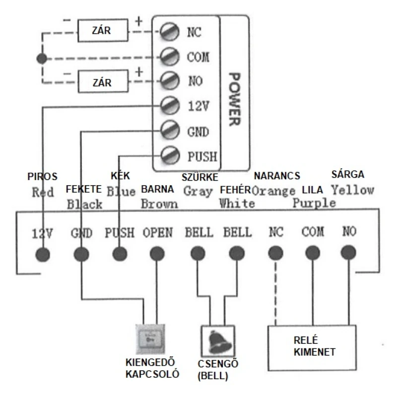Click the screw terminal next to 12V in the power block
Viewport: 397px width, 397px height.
click(x=170, y=105)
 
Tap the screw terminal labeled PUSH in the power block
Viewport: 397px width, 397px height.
click(x=170, y=155)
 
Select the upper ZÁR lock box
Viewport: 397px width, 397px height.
click(x=103, y=30)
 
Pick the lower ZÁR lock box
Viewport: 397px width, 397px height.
click(x=103, y=81)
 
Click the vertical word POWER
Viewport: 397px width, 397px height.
click(x=234, y=99)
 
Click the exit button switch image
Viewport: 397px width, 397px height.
click(x=150, y=339)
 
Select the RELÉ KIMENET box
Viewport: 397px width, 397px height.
click(x=312, y=348)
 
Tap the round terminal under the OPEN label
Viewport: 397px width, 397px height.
click(x=157, y=254)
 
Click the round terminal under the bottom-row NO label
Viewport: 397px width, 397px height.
click(x=349, y=253)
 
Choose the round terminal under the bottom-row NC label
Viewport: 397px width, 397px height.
click(x=276, y=253)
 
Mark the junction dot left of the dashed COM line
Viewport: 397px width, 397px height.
click(x=42, y=59)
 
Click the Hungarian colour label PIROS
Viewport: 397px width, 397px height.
click(x=42, y=177)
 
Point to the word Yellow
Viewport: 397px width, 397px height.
click(x=353, y=190)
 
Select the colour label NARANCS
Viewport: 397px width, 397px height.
click(x=277, y=176)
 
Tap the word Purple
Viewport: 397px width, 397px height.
click(x=314, y=203)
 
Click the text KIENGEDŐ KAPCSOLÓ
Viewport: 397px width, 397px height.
click(x=152, y=368)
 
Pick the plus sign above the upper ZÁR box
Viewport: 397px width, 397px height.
click(x=139, y=21)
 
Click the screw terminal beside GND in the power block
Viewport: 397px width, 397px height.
click(x=170, y=130)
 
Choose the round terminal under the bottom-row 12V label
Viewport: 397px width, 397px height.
click(x=43, y=255)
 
